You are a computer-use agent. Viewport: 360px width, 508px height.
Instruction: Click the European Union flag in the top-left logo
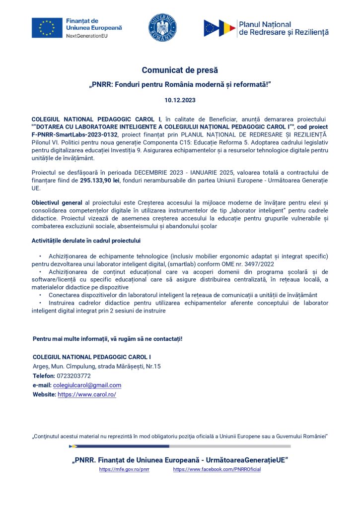[x=47, y=28]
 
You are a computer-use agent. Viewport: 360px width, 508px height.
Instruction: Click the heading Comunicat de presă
[x=180, y=70]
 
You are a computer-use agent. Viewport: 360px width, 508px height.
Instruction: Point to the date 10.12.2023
[x=180, y=100]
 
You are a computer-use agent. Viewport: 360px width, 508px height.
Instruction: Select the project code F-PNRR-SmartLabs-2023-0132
[x=74, y=134]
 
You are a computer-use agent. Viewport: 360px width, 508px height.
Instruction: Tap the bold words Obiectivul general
[x=57, y=204]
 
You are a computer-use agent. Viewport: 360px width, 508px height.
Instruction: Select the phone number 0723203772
[x=73, y=376]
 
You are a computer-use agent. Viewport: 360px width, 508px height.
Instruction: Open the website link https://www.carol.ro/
[x=87, y=394]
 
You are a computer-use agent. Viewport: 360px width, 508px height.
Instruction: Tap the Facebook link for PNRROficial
[x=216, y=469]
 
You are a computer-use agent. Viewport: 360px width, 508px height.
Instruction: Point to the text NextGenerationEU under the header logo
[x=85, y=37]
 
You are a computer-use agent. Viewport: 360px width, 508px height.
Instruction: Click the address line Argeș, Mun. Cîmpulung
[x=96, y=366]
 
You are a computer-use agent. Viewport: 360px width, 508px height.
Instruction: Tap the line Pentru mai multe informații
[x=107, y=338]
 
